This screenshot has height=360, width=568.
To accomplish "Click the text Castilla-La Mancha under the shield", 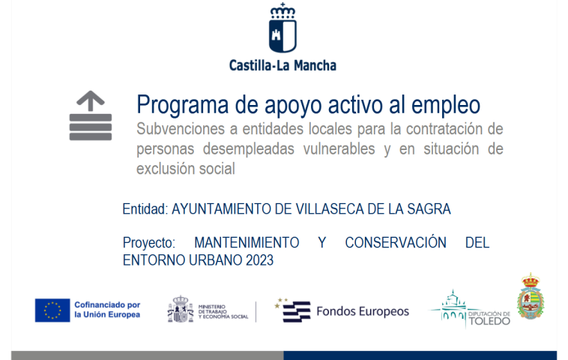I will point(283,65).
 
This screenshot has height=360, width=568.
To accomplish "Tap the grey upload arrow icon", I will point(91,115).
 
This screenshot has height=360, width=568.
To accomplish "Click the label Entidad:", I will point(145,209).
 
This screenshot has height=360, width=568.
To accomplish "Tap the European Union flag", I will point(52,310).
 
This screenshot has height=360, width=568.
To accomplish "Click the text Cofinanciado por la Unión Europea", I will point(107,310).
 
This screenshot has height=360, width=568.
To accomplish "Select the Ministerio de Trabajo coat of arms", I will point(180,309).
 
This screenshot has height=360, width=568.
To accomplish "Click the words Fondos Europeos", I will point(363,310).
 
